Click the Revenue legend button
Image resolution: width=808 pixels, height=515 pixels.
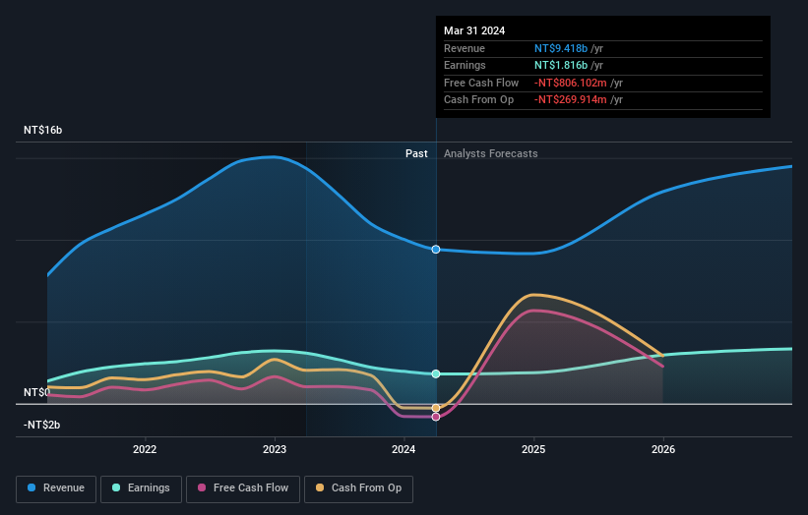coord(57,487)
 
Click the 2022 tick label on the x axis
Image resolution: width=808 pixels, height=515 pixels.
coord(145,449)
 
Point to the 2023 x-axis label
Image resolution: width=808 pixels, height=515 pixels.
coord(275,449)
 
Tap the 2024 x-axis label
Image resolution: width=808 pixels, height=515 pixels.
coord(404,449)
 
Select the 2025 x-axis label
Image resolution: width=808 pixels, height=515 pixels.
coord(533,449)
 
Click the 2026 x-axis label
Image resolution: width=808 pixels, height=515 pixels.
coord(663,449)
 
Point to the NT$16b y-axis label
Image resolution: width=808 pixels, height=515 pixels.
coord(42,130)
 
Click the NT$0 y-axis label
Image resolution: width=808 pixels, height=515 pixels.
coord(35,392)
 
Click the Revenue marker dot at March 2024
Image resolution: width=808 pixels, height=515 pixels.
coord(436,250)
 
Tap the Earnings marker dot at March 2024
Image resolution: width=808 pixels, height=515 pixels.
coord(436,373)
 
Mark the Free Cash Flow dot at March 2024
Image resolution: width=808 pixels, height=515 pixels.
coord(436,417)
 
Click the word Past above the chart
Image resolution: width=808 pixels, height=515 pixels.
coord(416,153)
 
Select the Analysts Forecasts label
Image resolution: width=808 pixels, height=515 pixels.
coord(491,153)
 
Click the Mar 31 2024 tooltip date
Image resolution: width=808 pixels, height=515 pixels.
coord(474,30)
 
